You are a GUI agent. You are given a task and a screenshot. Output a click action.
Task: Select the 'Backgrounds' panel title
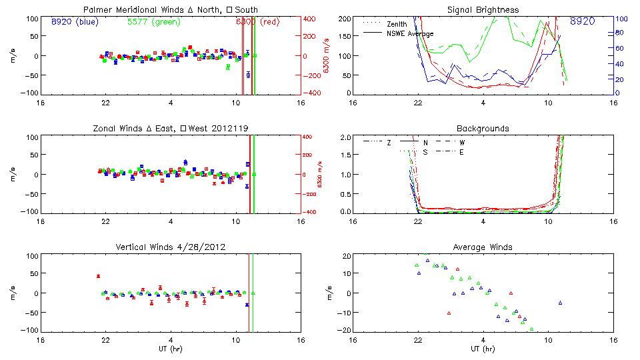[483, 128]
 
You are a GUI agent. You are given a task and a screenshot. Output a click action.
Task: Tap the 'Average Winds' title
[483, 247]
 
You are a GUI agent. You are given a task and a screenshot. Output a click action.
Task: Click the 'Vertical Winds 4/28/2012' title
[171, 247]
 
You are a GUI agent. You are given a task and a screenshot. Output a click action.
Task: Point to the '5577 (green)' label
[154, 21]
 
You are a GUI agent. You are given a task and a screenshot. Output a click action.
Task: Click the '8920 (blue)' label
[74, 21]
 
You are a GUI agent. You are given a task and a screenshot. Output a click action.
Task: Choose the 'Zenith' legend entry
[397, 24]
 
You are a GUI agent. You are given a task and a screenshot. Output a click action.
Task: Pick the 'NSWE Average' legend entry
[410, 33]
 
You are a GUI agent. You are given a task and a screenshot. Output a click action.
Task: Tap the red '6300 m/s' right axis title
[325, 55]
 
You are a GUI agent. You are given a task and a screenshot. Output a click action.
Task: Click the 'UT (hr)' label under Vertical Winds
[171, 349]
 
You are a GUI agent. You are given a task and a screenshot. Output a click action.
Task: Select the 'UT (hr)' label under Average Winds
[483, 349]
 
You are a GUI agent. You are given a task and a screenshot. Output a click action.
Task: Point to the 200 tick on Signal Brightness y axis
[343, 18]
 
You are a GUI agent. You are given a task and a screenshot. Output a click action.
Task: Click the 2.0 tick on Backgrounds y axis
[344, 137]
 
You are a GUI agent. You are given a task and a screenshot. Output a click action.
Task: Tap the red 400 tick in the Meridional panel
[311, 18]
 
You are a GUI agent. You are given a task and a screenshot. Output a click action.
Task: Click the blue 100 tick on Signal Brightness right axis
[619, 19]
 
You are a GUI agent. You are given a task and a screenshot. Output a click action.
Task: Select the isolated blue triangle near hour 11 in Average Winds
[561, 303]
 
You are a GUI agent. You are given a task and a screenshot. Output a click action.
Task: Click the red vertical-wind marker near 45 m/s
[98, 276]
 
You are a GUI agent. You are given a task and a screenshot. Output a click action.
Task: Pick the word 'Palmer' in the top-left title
[97, 10]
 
